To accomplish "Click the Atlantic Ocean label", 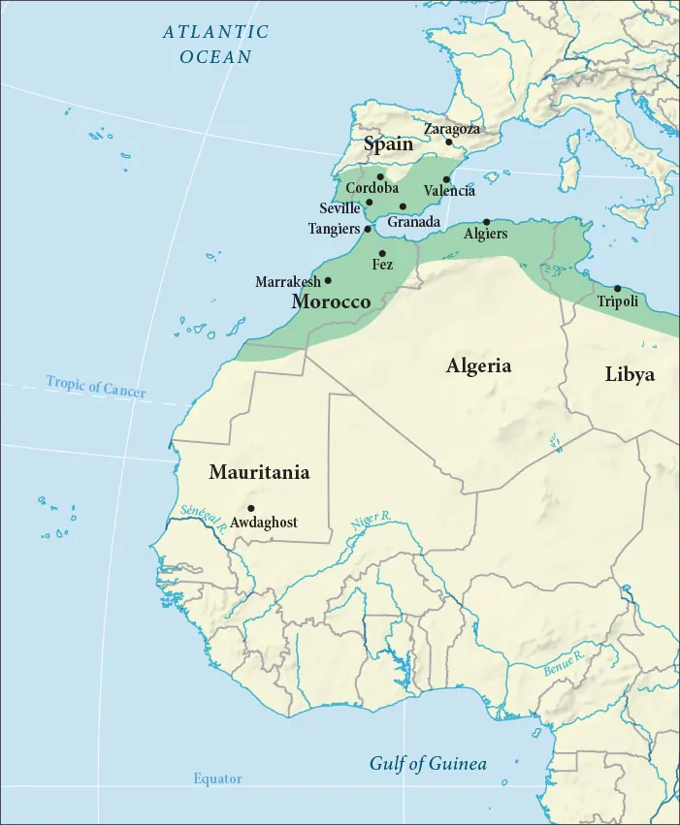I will click(215, 45).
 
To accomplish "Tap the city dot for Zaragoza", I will click(449, 143).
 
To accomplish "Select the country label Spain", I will click(388, 144).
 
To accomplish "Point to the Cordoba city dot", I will click(380, 177).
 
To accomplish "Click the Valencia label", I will click(449, 192).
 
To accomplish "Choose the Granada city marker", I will click(403, 206).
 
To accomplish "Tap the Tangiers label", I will click(334, 229).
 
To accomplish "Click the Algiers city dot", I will click(487, 222).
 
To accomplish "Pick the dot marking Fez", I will click(382, 253).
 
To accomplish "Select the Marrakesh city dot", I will click(328, 280).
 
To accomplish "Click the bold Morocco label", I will click(331, 302).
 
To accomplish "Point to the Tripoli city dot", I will click(618, 288).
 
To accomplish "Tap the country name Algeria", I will click(478, 366).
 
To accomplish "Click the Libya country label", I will click(630, 374).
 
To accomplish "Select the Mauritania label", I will click(259, 473).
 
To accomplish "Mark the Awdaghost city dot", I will click(251, 508).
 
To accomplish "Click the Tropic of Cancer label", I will click(96, 387).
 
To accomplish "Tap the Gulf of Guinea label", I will click(427, 764).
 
